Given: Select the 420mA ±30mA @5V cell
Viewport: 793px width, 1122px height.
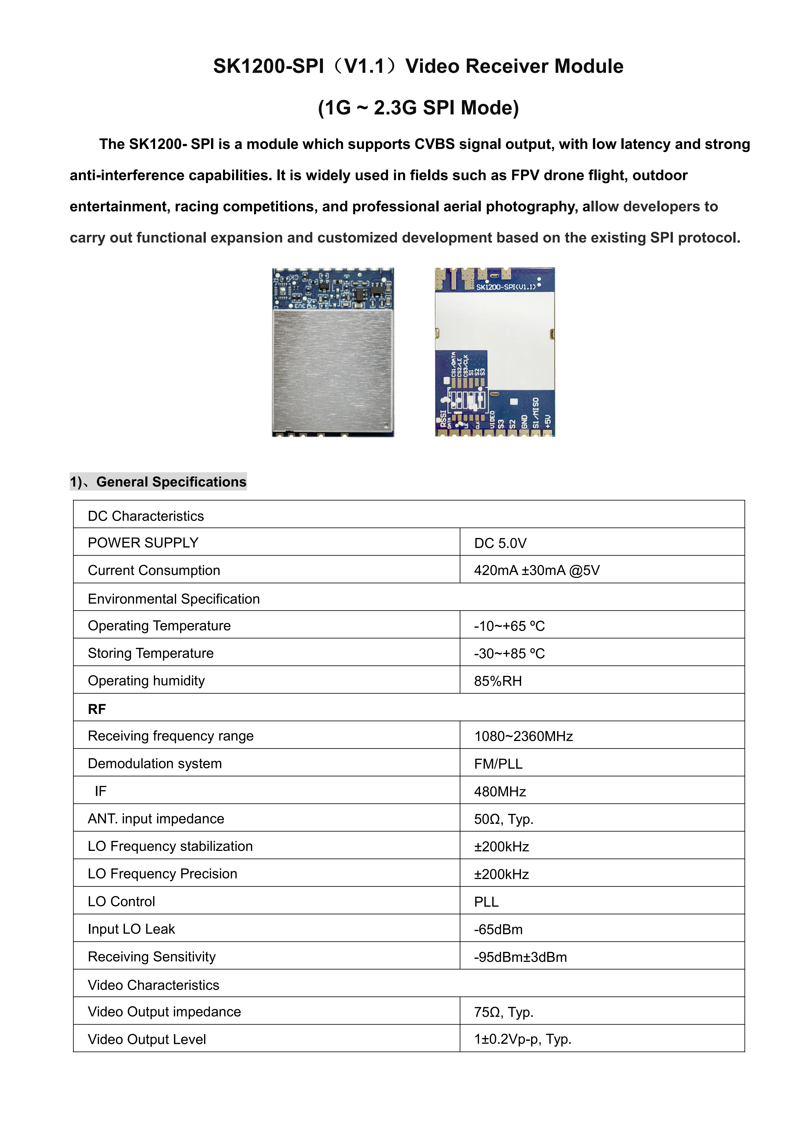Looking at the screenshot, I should pos(537,570).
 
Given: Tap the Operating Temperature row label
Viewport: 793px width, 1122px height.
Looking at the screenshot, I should pos(159,625).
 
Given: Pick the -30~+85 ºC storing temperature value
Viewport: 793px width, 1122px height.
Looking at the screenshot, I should pos(509,653).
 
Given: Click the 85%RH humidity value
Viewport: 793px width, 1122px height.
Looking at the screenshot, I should pos(498,681).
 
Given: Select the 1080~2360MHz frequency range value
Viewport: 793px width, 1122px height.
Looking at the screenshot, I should pos(524,736).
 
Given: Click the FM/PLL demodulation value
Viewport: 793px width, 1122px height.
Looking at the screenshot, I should pos(498,764).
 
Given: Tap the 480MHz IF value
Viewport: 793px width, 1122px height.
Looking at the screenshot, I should pos(500,791).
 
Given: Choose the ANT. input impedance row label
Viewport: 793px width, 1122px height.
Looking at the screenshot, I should pos(156,819).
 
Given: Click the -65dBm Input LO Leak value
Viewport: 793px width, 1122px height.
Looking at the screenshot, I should pos(498,929).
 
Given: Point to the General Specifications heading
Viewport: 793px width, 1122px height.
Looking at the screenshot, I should pos(171,482).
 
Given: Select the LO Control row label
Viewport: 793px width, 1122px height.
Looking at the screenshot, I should pos(121,902).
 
